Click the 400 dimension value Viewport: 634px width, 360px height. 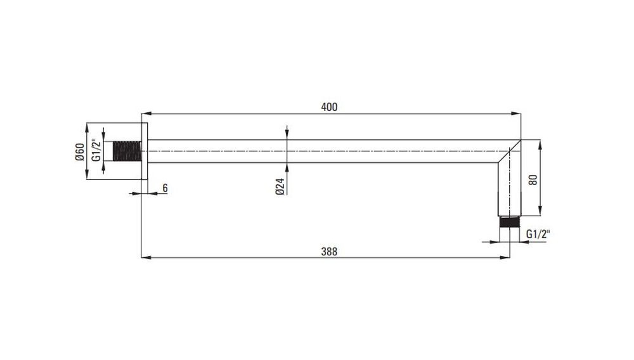coord(329,107)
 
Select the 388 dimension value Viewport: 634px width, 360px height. coord(329,252)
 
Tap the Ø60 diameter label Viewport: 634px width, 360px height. coord(80,151)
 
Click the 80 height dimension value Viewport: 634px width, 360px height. coord(533,180)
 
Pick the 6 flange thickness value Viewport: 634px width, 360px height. coord(165,188)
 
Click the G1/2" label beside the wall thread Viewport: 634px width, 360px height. coord(96,150)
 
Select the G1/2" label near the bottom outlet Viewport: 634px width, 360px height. coord(538,234)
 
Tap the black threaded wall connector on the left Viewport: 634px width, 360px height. coord(127,151)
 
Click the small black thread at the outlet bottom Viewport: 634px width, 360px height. coord(510,222)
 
